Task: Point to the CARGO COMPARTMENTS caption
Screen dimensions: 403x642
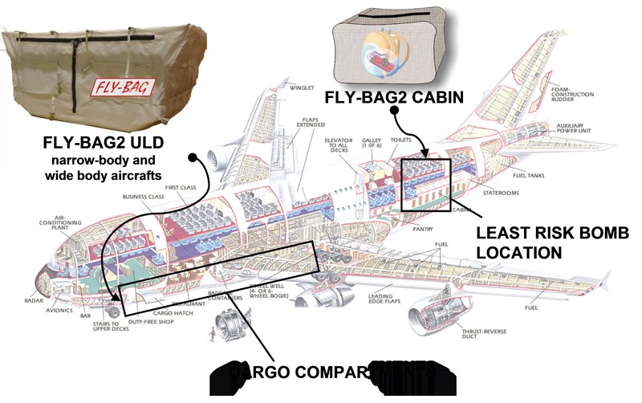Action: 332,374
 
